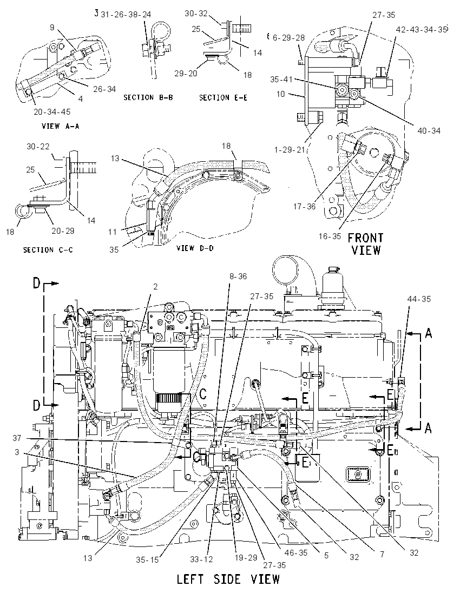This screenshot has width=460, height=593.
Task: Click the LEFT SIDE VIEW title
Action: point(228,579)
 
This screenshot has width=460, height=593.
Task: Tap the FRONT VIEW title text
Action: point(365,243)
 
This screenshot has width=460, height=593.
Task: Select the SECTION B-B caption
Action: point(148,97)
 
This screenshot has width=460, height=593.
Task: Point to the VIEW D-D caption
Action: point(195,248)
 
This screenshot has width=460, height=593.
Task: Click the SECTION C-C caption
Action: point(48,249)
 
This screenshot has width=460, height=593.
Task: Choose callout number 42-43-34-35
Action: point(422,30)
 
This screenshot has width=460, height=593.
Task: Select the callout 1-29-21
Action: point(290,150)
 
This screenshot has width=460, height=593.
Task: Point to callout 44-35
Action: point(419,299)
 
